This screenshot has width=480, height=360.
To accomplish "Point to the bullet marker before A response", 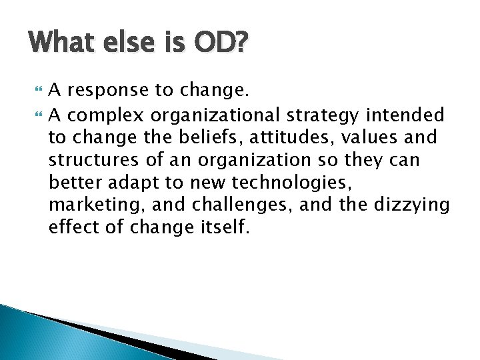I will pos(37,93).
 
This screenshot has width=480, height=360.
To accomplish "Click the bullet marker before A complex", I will pos(37,115).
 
